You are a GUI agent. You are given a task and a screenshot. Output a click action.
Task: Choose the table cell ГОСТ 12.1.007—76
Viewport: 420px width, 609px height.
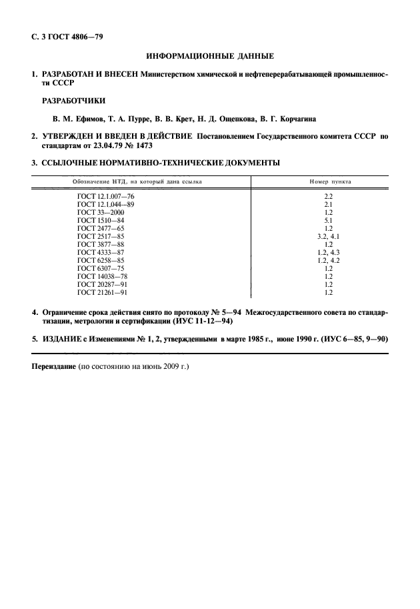click(105, 196)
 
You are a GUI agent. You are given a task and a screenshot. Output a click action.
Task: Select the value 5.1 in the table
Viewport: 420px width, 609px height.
click(328, 220)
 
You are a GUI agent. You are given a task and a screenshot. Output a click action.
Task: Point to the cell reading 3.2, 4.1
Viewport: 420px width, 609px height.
click(328, 236)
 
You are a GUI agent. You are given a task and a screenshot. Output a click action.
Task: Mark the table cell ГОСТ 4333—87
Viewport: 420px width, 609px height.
click(101, 252)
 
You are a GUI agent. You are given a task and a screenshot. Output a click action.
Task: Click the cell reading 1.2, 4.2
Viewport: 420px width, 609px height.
click(328, 260)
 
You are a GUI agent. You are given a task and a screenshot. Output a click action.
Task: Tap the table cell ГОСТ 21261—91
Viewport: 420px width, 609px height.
click(103, 292)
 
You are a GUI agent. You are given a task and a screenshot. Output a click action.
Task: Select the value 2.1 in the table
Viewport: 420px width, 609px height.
click(328, 204)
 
